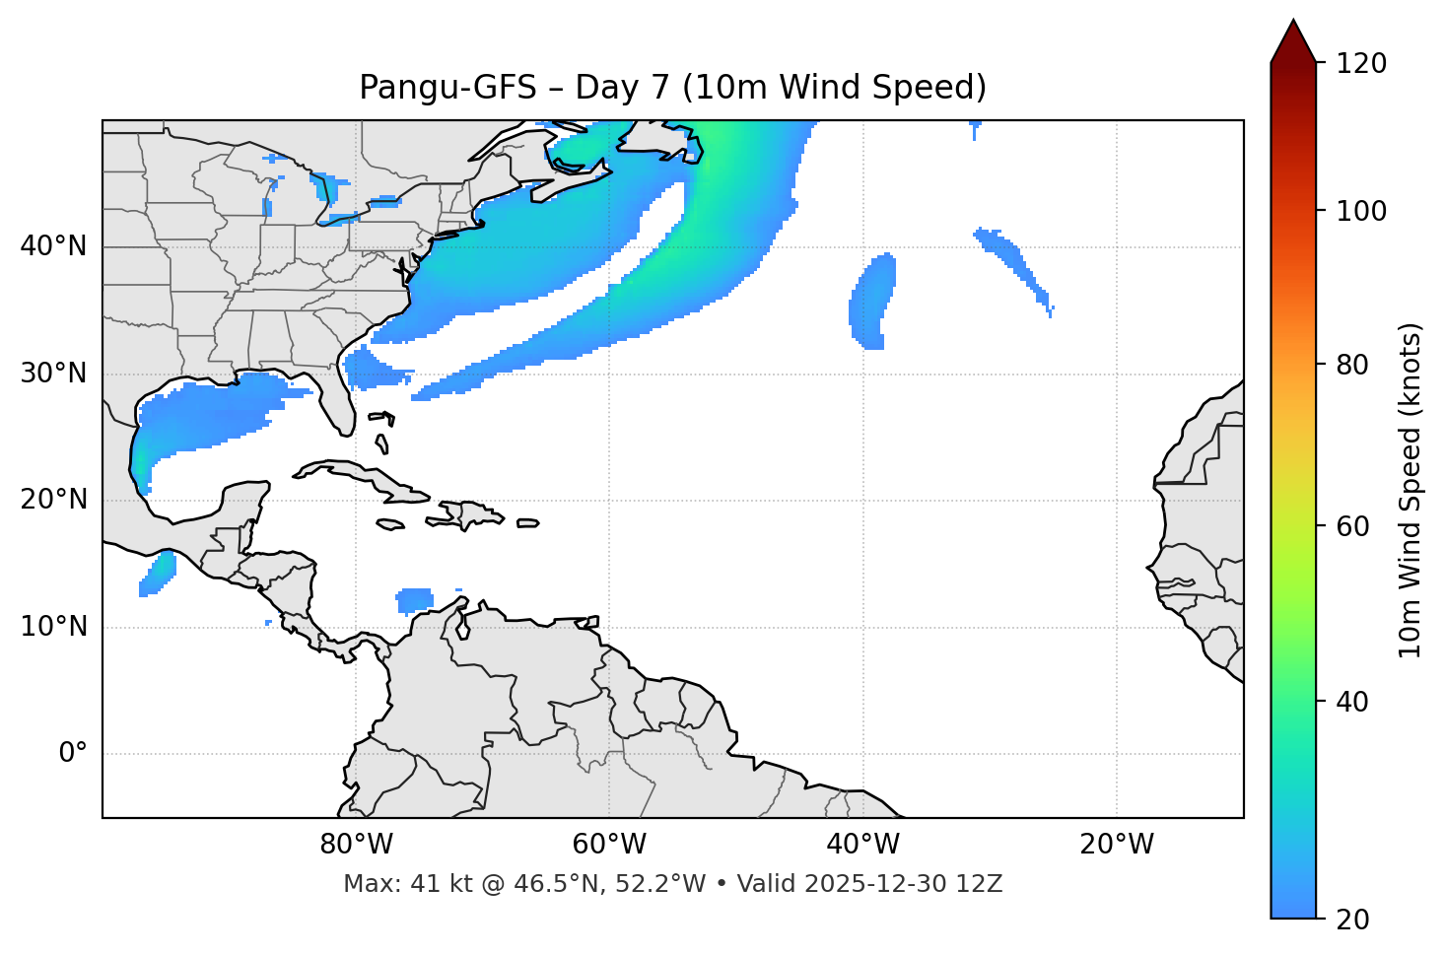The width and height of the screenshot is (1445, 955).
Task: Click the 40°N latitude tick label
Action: click(x=53, y=246)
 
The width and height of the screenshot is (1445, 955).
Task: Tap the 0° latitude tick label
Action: click(x=73, y=754)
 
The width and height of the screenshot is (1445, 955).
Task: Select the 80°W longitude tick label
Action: click(x=356, y=845)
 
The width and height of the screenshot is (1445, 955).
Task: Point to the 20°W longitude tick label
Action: click(x=1117, y=845)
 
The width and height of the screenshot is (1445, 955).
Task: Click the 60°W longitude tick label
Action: click(x=609, y=845)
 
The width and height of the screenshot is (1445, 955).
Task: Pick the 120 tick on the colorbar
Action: click(x=1361, y=63)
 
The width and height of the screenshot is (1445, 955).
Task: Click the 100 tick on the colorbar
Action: click(x=1361, y=211)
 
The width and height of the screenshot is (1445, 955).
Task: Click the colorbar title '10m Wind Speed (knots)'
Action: click(x=1411, y=491)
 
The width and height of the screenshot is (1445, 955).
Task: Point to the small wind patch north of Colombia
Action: click(x=415, y=598)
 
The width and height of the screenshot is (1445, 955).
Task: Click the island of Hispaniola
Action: click(x=471, y=514)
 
